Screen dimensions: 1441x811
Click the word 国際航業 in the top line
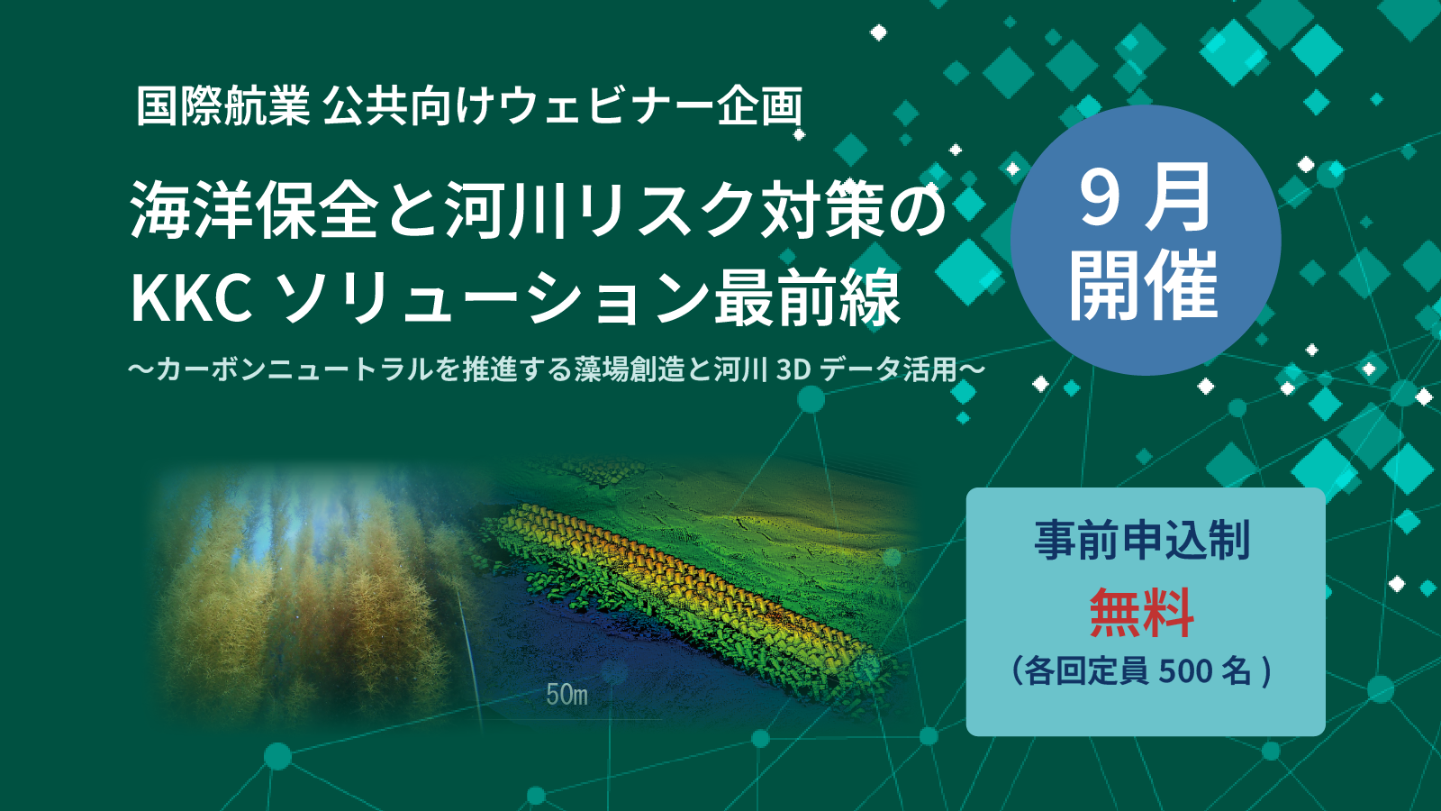tap(223, 106)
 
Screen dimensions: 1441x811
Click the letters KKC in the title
tap(192, 298)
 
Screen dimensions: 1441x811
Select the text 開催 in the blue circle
tap(1144, 286)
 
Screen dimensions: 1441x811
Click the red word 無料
tap(1142, 613)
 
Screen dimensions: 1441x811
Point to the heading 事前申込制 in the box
tap(1143, 540)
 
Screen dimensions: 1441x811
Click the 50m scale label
tap(566, 695)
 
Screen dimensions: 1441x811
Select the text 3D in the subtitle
tap(793, 370)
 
